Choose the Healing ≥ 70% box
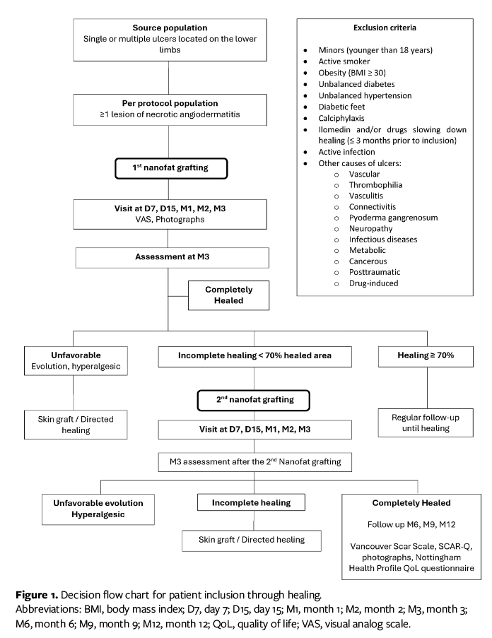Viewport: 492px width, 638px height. tap(426, 357)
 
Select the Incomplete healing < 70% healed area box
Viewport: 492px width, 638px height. tap(254, 357)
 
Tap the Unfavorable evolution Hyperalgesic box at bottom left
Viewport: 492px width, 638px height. tap(98, 509)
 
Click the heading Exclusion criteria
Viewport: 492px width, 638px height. tap(384, 28)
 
